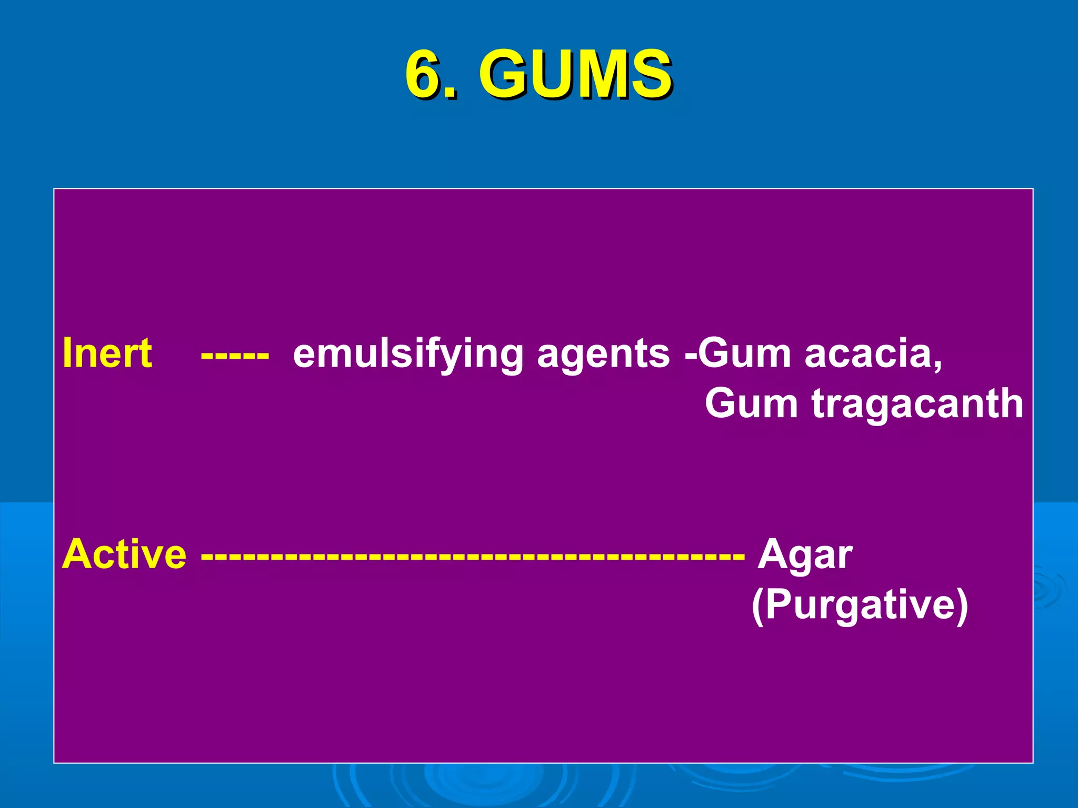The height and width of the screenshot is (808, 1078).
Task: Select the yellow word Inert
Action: pyautogui.click(x=107, y=352)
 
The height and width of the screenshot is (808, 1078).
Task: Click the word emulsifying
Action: pyautogui.click(x=408, y=353)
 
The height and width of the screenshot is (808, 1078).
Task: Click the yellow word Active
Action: pyautogui.click(x=124, y=554)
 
